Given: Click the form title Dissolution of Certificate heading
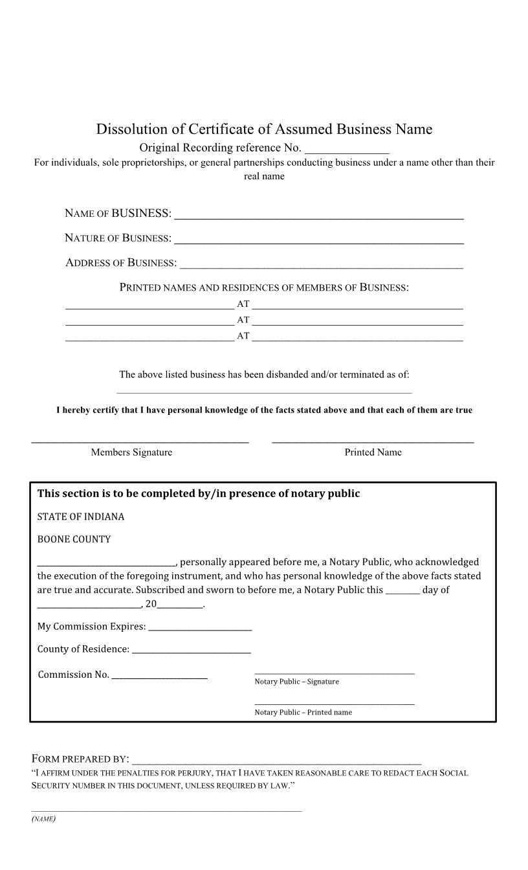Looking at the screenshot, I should (x=264, y=129).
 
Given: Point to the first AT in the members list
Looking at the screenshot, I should (x=243, y=304).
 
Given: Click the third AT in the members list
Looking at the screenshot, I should (x=243, y=336).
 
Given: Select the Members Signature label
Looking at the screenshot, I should (x=131, y=452).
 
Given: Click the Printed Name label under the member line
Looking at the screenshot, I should (x=373, y=452).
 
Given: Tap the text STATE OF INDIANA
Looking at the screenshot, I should (x=81, y=517).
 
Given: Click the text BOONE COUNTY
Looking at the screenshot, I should (x=74, y=539).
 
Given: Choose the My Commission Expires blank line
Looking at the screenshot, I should (x=200, y=628).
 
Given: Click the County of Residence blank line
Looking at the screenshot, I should (x=191, y=651).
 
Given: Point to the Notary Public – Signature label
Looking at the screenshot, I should (x=296, y=682).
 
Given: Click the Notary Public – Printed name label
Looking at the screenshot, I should (x=303, y=712).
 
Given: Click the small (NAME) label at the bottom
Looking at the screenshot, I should (x=43, y=819).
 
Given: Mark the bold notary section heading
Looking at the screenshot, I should (x=199, y=493).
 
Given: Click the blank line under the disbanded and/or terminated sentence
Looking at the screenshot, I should (x=264, y=391).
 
